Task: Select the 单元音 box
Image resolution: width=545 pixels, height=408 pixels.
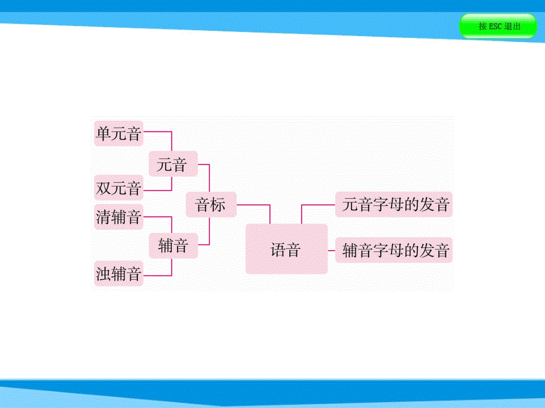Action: point(118,134)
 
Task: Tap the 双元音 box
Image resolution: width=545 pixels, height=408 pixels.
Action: point(118,189)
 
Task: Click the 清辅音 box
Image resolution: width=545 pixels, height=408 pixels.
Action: point(118,217)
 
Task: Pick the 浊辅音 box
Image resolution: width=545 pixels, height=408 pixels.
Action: point(118,274)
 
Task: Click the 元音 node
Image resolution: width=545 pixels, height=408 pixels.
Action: point(172,165)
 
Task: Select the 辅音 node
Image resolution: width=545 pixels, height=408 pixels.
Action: point(172,245)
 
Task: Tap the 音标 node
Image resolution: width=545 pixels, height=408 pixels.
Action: point(211,205)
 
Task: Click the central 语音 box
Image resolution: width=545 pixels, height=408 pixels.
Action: point(287,249)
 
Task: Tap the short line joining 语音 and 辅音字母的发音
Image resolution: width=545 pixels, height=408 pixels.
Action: point(332,251)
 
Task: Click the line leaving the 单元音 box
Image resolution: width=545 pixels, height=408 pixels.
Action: point(157,131)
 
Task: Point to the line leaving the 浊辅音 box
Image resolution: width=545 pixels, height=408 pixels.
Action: point(157,276)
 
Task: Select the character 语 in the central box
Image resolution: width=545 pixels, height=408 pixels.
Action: point(278,250)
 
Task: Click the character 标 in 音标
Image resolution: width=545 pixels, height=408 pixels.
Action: point(218,205)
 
